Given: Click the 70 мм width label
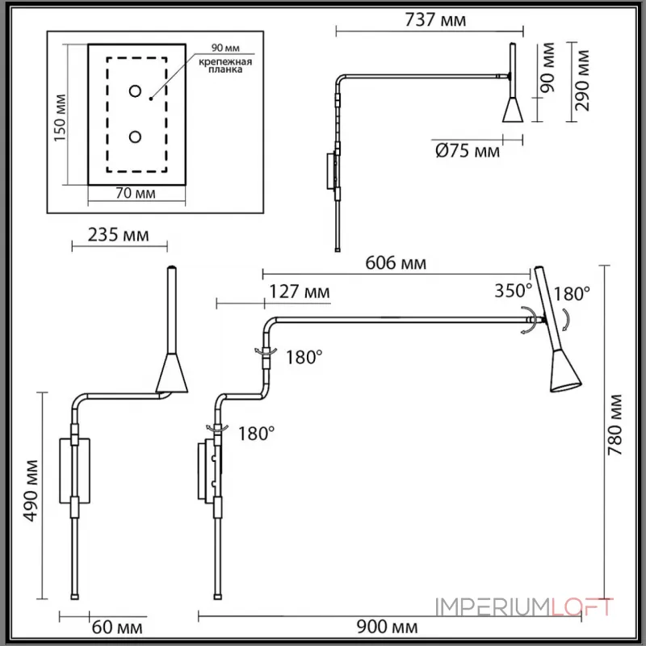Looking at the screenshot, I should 136,194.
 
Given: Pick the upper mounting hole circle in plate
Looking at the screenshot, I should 135,90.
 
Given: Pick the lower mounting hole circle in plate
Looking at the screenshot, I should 135,136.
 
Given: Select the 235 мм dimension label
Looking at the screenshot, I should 118,236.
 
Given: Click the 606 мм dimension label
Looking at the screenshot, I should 396,262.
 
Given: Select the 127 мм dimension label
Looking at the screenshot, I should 298,292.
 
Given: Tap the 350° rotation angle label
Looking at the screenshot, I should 514,292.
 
